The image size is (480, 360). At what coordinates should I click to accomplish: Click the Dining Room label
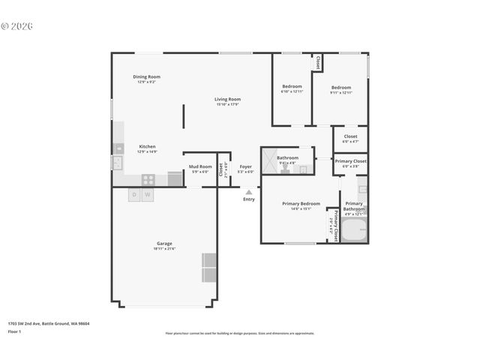tap(147, 76)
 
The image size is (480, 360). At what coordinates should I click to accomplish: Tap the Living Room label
tap(227, 99)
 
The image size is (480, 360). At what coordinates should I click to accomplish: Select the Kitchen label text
tap(147, 147)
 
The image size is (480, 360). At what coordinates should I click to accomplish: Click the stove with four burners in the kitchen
tap(148, 179)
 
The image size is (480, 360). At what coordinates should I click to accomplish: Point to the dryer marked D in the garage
tap(134, 195)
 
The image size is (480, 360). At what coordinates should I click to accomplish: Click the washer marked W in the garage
tap(148, 195)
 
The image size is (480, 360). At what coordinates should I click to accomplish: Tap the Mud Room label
tap(199, 166)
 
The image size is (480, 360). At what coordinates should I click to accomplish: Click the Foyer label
tap(245, 166)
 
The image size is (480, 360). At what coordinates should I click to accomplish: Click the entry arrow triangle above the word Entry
tap(248, 192)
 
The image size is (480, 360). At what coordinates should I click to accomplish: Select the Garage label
tap(164, 244)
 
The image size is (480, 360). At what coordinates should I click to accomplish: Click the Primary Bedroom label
tap(301, 204)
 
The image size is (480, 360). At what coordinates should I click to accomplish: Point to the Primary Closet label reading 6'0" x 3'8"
tap(350, 162)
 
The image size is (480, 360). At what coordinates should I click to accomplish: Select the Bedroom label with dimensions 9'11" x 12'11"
tap(341, 88)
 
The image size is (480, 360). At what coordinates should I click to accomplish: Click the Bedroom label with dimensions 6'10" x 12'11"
tap(292, 88)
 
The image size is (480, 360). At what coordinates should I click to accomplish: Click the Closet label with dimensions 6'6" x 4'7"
tap(350, 137)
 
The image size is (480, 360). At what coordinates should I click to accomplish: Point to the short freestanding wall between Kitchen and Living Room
tap(184, 116)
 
